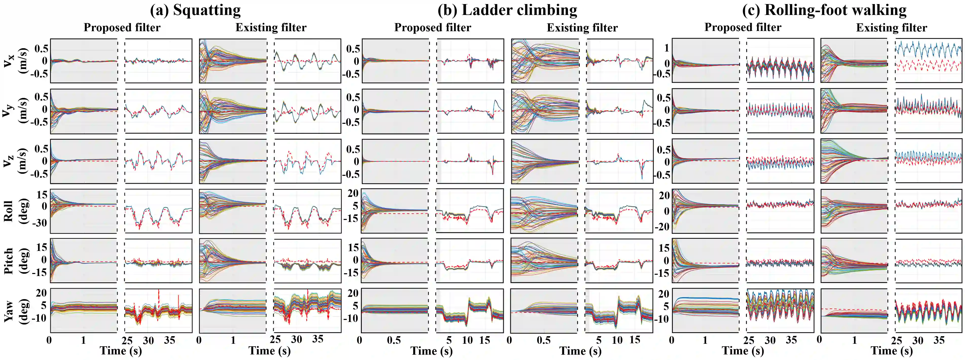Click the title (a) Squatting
[x=195, y=10]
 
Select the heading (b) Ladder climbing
[x=507, y=10]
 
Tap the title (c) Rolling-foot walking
[x=824, y=10]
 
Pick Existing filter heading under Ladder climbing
[x=582, y=28]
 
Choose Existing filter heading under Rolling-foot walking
[x=891, y=28]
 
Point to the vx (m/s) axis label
[x=15, y=61]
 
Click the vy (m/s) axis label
[x=15, y=111]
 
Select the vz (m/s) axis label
[x=15, y=161]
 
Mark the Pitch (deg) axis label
[x=15, y=261]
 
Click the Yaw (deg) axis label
[x=15, y=311]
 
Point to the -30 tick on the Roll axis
[x=41, y=222]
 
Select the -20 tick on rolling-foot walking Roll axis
[x=662, y=227]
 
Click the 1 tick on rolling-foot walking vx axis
[x=667, y=48]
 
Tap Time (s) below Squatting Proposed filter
[x=121, y=351]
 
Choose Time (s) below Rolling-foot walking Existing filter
[x=891, y=351]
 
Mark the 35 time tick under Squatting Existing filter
[x=318, y=339]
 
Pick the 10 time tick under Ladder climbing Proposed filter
[x=467, y=340]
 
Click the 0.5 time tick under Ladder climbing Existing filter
[x=543, y=340]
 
